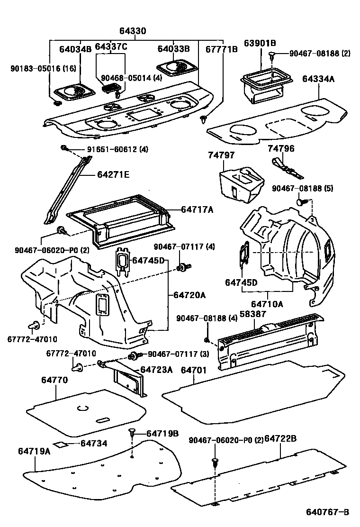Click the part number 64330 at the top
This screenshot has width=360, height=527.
point(132,31)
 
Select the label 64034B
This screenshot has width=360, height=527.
point(75,48)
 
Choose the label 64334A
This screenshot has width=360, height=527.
point(319,79)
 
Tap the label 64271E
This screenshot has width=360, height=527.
point(113,174)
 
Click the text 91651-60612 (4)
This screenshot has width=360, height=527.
point(117,149)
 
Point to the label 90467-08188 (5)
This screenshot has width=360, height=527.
point(302,189)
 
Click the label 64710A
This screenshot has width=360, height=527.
point(267,303)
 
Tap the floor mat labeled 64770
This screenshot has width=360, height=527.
point(85,412)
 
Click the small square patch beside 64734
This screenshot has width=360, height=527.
point(60,444)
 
